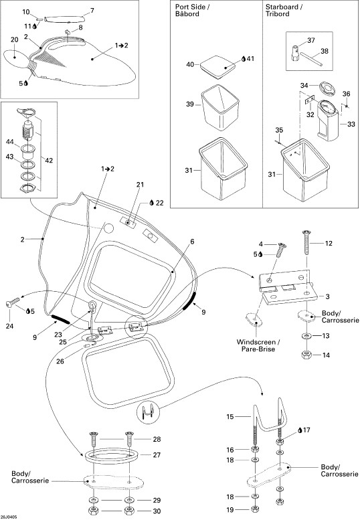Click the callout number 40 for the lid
[190, 64]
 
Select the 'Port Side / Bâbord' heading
[192, 10]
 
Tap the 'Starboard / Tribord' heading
[284, 10]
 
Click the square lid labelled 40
[217, 67]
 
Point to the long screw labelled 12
[306, 242]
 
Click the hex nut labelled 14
[306, 355]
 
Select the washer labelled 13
[306, 336]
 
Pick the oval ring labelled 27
[112, 456]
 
